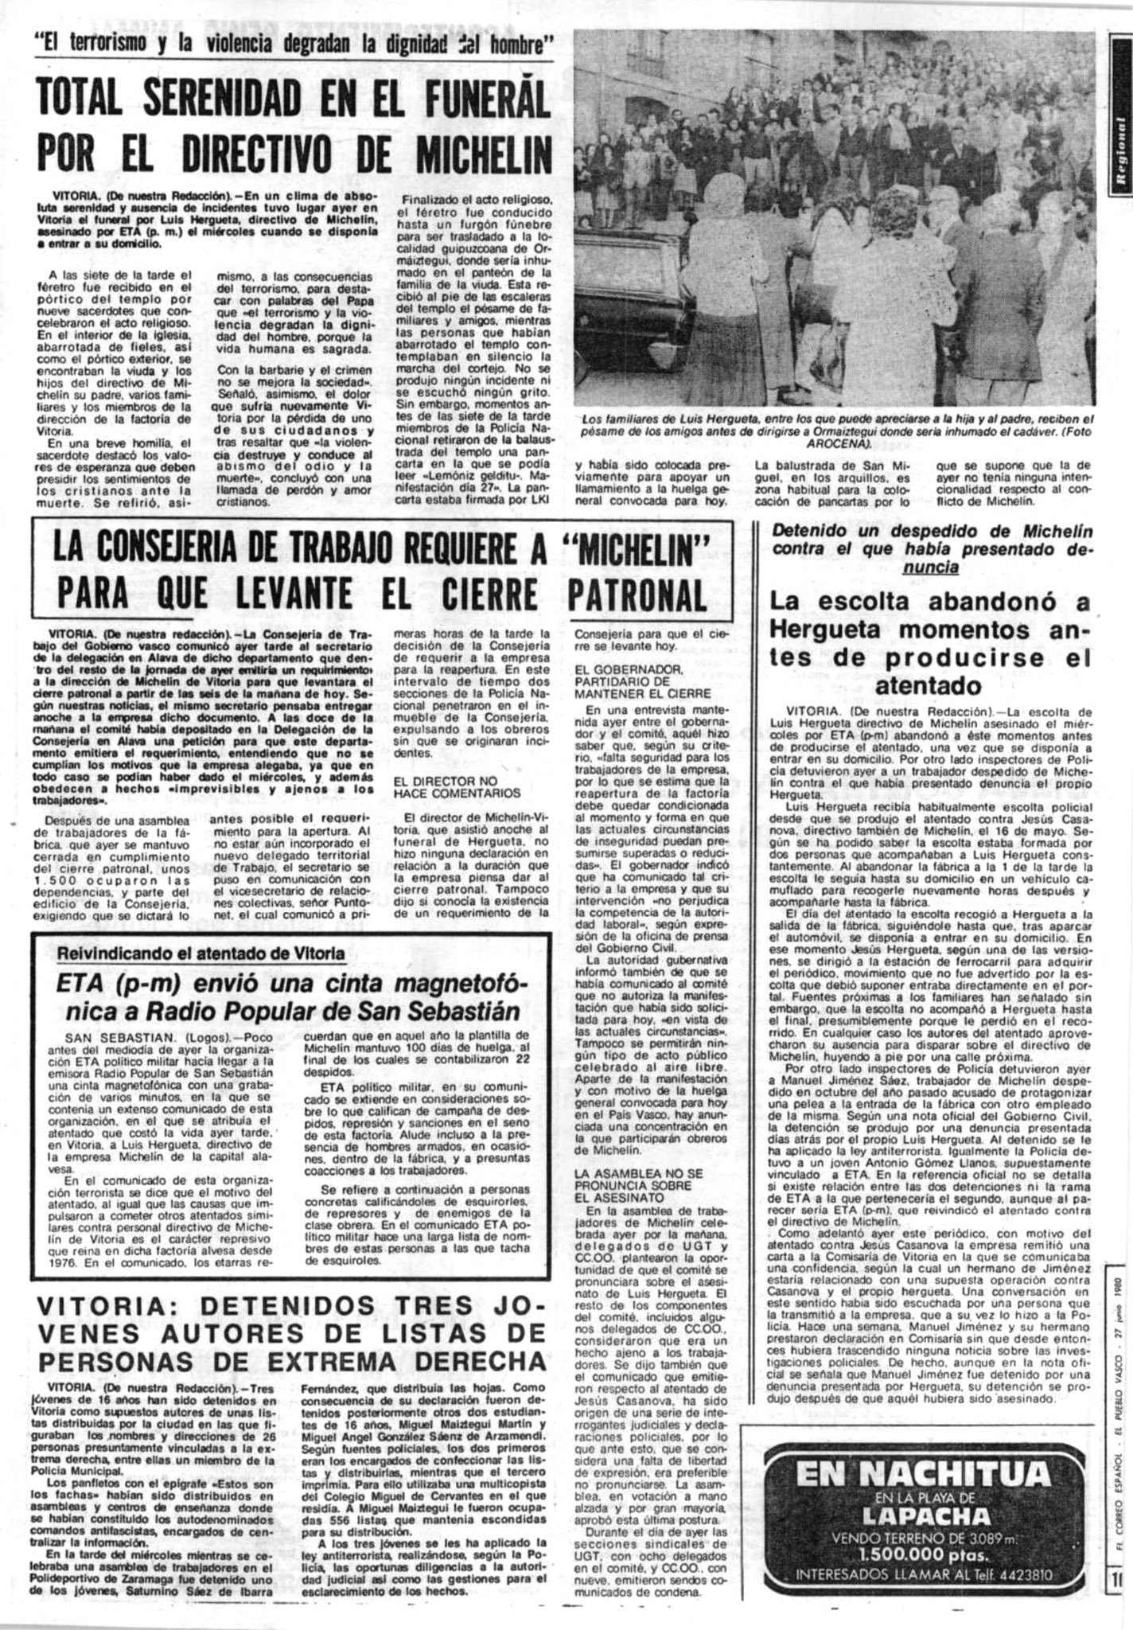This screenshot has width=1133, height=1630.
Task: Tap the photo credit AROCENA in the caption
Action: tap(834, 443)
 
